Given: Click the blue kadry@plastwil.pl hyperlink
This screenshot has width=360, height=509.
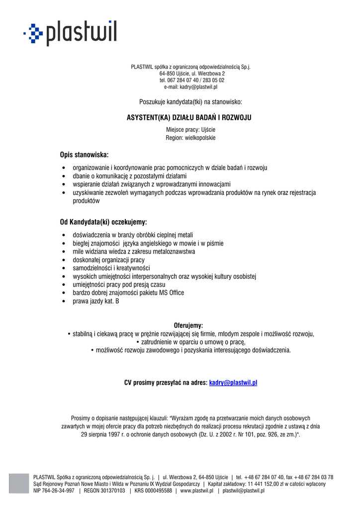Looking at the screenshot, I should [x=233, y=383].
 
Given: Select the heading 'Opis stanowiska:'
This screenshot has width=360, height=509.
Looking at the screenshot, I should [x=84, y=155].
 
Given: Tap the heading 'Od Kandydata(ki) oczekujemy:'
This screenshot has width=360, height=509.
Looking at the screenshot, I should [x=103, y=222].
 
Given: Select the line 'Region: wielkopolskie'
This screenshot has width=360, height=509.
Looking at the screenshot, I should [x=190, y=138].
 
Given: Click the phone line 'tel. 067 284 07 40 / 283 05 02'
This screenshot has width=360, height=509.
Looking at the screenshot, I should [x=191, y=80].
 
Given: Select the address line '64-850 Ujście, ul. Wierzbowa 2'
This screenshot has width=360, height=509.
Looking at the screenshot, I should [x=191, y=74].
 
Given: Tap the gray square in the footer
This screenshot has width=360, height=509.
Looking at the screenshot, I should [x=19, y=483].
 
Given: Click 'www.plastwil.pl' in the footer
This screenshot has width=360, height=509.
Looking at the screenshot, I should [x=196, y=491].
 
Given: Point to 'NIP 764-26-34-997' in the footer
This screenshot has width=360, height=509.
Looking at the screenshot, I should [x=54, y=491].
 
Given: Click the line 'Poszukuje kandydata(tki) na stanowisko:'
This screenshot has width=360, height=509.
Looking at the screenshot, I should [x=190, y=102].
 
